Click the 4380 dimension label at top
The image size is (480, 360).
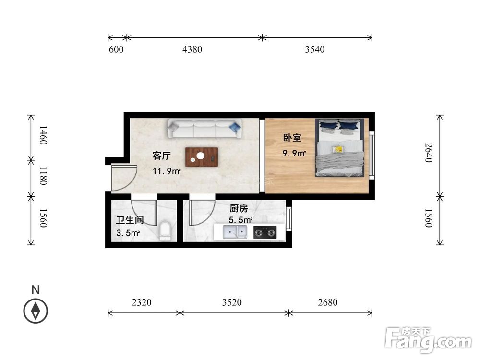tap(192, 49)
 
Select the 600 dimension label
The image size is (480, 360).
tap(116, 49)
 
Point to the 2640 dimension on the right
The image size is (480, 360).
tap(429, 153)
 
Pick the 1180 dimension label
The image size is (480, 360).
tap(42, 176)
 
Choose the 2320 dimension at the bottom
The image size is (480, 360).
tap(142, 302)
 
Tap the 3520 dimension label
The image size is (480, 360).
tap(232, 302)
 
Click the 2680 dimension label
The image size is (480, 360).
tap(328, 302)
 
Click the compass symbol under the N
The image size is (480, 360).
tap(36, 311)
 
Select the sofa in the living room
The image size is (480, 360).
tap(205, 129)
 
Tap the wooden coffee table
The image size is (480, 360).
tap(202, 157)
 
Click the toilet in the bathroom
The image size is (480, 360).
tap(165, 231)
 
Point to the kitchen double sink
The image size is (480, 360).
tap(235, 233)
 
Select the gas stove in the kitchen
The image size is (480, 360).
tap(265, 233)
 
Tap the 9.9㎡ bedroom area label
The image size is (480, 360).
tap(295, 154)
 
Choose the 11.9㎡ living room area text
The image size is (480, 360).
tap(167, 171)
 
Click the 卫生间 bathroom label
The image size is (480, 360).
tap(130, 220)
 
